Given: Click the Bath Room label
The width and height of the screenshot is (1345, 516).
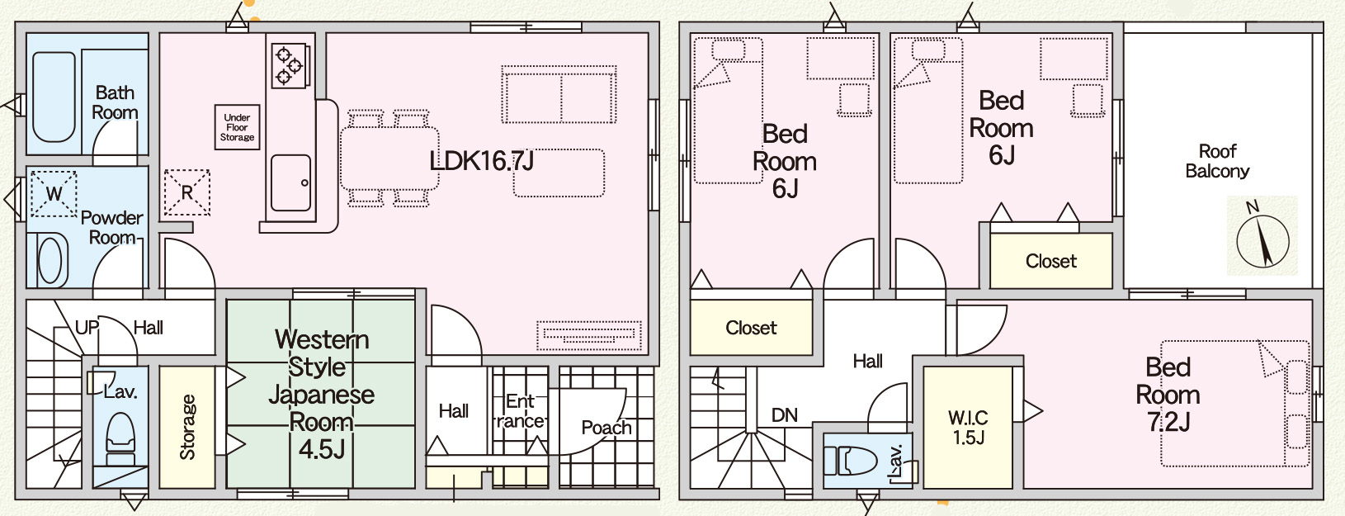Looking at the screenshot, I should [x=115, y=102].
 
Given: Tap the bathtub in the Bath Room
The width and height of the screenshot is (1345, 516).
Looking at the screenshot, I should [x=54, y=97].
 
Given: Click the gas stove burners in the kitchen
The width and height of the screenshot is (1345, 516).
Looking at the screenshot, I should [x=288, y=65].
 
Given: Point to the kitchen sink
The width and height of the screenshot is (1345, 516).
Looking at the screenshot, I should [x=290, y=182].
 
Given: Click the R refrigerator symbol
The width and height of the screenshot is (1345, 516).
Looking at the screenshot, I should [x=187, y=192].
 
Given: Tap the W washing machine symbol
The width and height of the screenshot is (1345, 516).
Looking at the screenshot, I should [x=54, y=194].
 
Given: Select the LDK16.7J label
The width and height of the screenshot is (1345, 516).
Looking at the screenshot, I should [x=481, y=160].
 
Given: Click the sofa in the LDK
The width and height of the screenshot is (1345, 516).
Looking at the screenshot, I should [x=560, y=95].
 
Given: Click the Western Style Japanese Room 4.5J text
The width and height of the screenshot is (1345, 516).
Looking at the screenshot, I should [x=321, y=394].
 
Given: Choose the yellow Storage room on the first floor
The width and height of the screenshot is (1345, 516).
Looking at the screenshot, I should [x=187, y=427].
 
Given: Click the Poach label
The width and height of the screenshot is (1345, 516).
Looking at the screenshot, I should [x=606, y=428].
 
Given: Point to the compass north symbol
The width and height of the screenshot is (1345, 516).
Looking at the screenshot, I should [x=1262, y=237].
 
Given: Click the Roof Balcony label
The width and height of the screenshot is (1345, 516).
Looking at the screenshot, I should [x=1217, y=161].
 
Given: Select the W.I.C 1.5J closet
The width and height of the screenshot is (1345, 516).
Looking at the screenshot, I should [x=969, y=427].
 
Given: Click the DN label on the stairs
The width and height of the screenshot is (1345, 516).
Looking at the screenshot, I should [x=784, y=415].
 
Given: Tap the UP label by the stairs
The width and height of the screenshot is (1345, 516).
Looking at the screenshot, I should [x=87, y=328].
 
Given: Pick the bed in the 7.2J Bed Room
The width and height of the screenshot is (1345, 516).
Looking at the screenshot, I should [x=1234, y=404].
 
